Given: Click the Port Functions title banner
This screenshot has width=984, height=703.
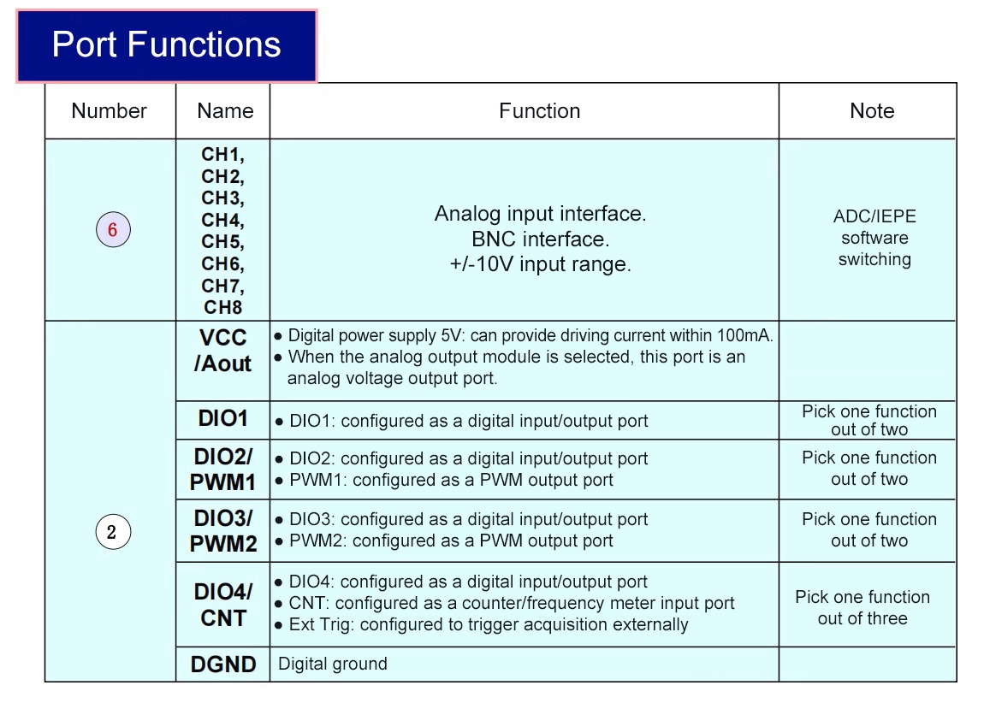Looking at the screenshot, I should point(167,45).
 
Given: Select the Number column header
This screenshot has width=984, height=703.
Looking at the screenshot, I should point(109,111).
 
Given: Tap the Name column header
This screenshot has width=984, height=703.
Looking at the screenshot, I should point(224,111).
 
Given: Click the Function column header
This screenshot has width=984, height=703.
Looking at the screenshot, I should point(539,111).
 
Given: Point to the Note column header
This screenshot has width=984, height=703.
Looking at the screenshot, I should point(871,111).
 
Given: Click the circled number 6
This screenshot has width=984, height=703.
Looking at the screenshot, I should point(112,230).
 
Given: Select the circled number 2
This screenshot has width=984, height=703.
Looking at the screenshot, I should point(112,533).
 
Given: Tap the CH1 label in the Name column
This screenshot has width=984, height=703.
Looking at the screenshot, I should point(222,155).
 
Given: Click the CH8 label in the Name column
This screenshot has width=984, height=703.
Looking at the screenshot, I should point(222,307).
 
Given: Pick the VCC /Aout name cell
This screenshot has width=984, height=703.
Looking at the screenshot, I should point(222,351).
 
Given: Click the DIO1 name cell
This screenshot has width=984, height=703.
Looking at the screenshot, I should point(222,419).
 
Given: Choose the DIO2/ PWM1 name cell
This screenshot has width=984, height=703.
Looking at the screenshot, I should point(222,470).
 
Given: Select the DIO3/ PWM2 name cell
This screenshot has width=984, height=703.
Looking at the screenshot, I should point(222,531).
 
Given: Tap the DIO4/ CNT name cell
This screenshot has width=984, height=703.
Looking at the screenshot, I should point(222,605).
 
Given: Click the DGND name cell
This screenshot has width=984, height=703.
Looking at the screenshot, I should point(222,665).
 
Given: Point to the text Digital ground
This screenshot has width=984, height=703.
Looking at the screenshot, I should point(333,665).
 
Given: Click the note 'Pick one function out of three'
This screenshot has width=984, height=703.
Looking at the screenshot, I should point(862,607).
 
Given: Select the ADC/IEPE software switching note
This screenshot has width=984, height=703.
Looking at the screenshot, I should point(874,238).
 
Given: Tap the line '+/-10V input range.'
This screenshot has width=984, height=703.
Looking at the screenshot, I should point(540,264).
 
